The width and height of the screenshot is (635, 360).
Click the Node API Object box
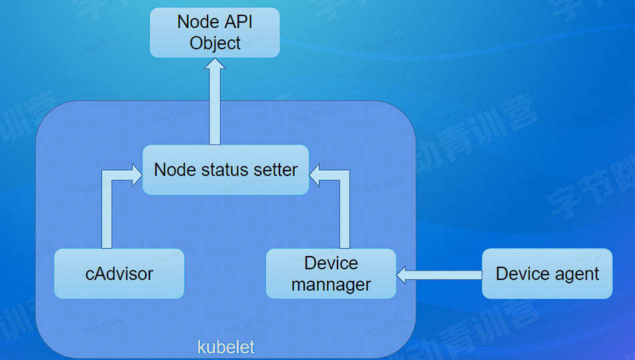pos(214,32)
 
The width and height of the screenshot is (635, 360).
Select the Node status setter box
pos(225,170)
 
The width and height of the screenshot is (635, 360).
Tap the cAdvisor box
pos(119,273)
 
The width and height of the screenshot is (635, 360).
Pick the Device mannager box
pos(331,273)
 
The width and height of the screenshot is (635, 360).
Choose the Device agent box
pos(547,273)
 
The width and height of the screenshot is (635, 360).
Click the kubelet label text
pos(226,347)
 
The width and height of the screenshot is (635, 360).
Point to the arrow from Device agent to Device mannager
pos(440,274)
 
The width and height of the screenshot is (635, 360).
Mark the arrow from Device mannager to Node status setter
pos(344,207)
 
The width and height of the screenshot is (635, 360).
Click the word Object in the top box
pos(215,43)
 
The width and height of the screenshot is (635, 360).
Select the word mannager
pos(331,285)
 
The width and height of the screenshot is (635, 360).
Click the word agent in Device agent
pos(575,274)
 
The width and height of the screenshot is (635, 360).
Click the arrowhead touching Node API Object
pos(215,65)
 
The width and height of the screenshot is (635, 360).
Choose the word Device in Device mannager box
pos(331,263)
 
